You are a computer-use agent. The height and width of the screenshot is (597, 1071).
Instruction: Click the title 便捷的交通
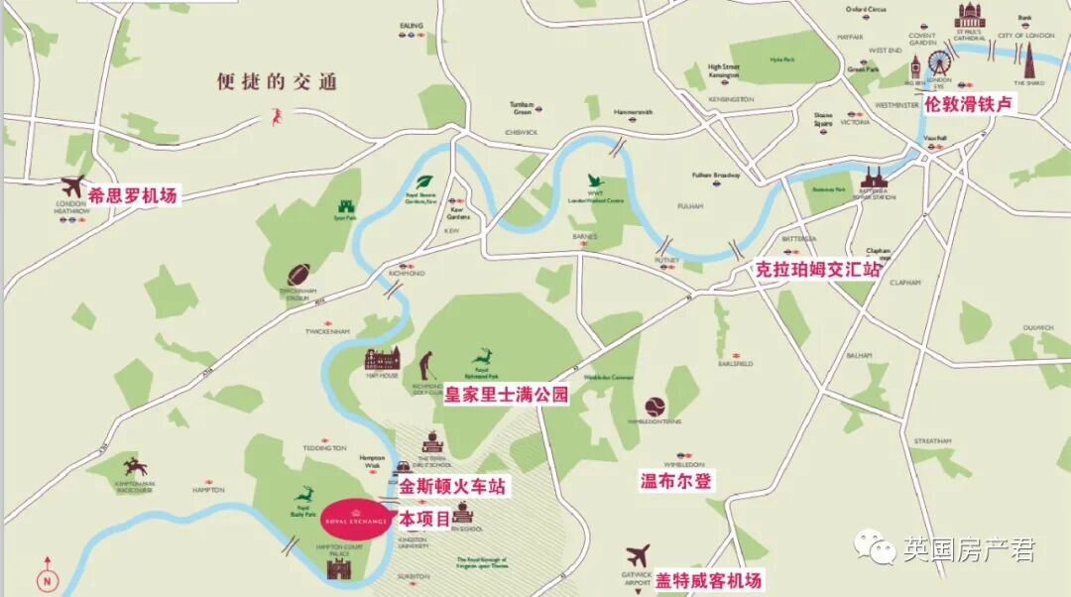click(x=277, y=82)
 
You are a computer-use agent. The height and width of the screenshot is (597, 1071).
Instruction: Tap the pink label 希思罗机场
click(x=132, y=196)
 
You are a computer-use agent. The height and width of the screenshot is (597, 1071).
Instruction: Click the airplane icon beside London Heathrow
click(x=72, y=185)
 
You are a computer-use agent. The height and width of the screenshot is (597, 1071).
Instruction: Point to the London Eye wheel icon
click(x=938, y=64)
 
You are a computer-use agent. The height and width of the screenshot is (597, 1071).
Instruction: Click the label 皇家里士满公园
click(x=506, y=395)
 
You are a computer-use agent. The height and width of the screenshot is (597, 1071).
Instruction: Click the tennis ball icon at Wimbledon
click(x=654, y=407)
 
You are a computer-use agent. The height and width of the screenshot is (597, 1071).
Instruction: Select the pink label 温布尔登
click(x=676, y=481)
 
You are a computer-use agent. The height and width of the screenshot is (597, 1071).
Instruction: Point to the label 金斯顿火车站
click(x=452, y=487)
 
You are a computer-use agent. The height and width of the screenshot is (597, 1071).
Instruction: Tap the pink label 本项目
click(x=424, y=518)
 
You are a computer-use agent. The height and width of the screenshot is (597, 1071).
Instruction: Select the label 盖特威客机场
click(x=708, y=580)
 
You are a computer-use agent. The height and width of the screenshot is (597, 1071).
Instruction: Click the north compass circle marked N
click(x=46, y=581)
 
